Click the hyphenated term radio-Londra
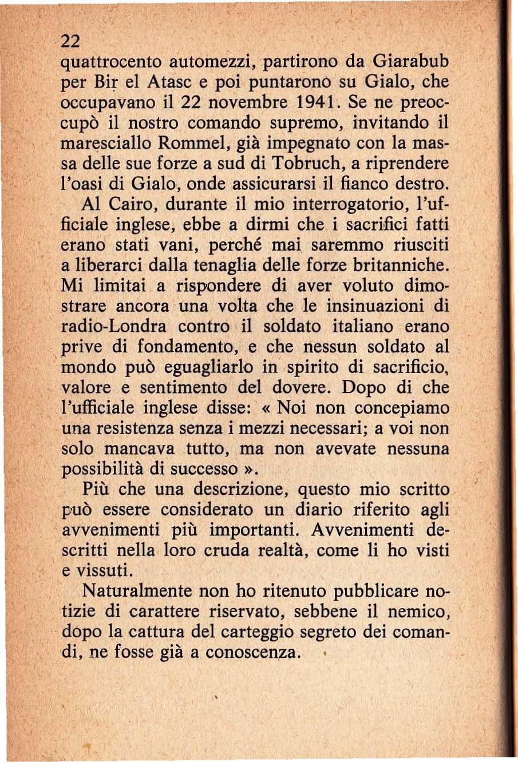click(x=114, y=327)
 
